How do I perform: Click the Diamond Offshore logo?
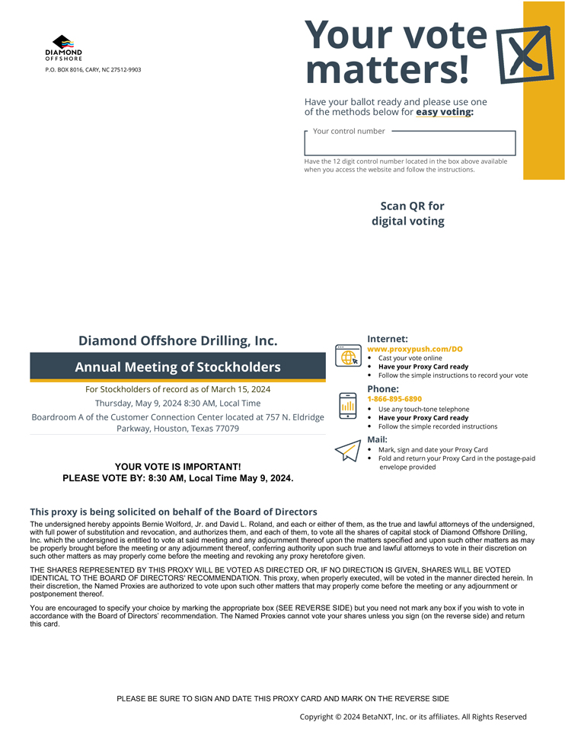click(63, 47)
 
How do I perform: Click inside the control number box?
click(410, 144)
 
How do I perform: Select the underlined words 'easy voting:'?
click(444, 112)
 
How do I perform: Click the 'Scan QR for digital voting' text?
click(410, 214)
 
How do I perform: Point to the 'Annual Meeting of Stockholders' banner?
click(177, 367)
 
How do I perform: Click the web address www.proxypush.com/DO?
click(415, 349)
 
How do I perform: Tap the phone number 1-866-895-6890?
click(394, 399)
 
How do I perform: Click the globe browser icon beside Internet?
click(348, 356)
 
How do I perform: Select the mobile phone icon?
click(348, 405)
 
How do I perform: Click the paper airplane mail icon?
click(347, 452)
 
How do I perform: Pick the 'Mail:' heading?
click(377, 439)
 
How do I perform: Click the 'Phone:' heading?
click(382, 389)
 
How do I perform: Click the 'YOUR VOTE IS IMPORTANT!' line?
click(177, 466)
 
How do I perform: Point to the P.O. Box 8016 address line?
click(93, 69)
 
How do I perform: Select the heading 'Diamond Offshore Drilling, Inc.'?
click(177, 340)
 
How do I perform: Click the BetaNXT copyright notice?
click(413, 717)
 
